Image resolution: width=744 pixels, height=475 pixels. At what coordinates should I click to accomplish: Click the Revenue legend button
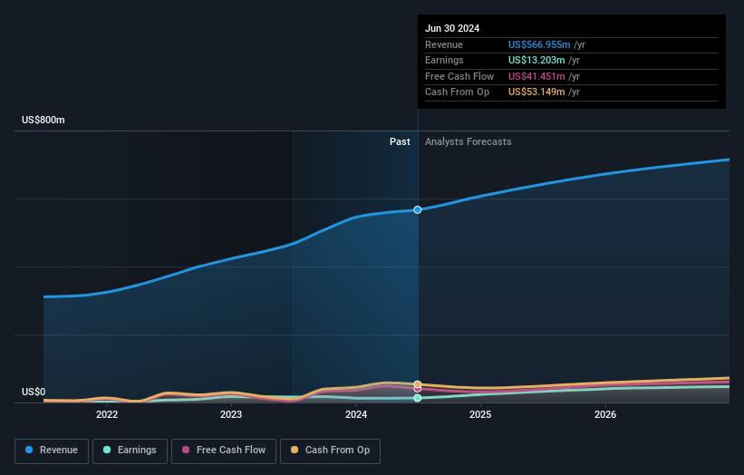(x=52, y=451)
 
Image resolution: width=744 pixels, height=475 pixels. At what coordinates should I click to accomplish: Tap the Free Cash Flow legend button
(x=224, y=451)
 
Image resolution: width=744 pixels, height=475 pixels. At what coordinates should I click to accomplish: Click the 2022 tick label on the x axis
(x=107, y=415)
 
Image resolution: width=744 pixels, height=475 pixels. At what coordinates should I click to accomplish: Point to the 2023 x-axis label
(x=231, y=415)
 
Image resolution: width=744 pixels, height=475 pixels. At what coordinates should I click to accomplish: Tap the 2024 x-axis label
(x=356, y=415)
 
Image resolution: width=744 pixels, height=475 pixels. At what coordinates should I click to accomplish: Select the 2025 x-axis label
(x=480, y=415)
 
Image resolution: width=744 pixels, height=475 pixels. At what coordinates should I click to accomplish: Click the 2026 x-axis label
(x=605, y=415)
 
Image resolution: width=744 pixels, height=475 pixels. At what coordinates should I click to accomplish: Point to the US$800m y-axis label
(x=43, y=121)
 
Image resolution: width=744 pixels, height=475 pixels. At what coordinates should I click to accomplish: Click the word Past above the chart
(x=400, y=142)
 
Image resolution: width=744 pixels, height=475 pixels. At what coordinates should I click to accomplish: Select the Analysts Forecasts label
(x=468, y=142)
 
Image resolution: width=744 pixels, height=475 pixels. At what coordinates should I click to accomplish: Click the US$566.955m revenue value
(x=539, y=45)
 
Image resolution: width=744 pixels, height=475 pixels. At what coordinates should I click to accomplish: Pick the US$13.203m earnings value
(x=536, y=61)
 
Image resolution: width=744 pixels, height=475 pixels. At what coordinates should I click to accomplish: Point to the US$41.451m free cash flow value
(x=536, y=76)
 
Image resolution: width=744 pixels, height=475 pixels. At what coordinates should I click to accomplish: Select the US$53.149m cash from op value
(x=536, y=92)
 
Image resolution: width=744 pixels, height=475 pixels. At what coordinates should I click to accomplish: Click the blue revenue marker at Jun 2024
(x=418, y=209)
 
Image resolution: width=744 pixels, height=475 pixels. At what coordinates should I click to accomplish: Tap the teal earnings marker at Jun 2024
(x=418, y=398)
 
